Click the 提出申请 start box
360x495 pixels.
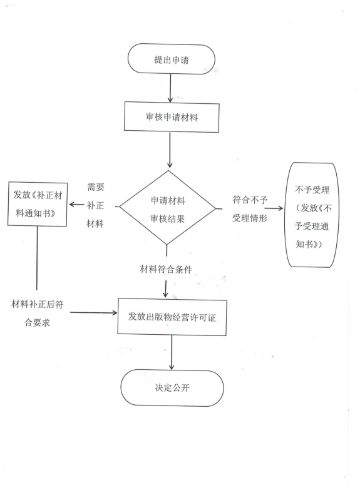(171, 59)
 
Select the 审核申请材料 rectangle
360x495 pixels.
(172, 117)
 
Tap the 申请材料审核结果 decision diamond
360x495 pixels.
(168, 208)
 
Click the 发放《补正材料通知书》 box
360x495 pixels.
(38, 204)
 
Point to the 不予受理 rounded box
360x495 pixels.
(312, 215)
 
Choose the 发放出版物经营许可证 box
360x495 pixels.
(172, 317)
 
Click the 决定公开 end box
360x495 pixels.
(172, 387)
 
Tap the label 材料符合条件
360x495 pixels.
(166, 269)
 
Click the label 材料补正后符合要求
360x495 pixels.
(38, 313)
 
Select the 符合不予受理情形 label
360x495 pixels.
(250, 208)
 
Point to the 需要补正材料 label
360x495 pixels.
(95, 205)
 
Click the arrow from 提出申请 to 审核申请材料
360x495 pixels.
(170, 88)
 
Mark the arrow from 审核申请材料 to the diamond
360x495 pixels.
(170, 150)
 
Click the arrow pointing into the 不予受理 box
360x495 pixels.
(274, 208)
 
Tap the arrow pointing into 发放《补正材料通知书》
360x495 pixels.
(76, 205)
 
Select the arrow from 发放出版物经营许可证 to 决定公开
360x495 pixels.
(172, 352)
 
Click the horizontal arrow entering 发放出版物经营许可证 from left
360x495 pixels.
(93, 312)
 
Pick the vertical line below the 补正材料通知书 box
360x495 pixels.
(37, 258)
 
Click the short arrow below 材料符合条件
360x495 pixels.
(165, 289)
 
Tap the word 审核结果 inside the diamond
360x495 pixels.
(167, 218)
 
